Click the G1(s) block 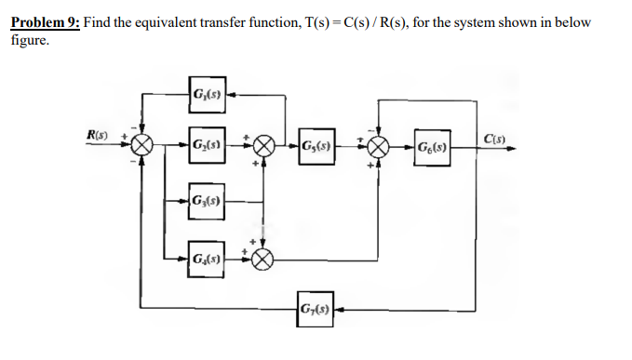pos(206,93)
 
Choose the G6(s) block pos(432,146)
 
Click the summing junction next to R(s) pos(142,146)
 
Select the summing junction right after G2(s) pos(264,146)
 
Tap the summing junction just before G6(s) pos(378,146)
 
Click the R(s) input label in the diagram pos(96,137)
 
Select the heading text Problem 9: pos(45,21)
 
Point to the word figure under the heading pos(28,40)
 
